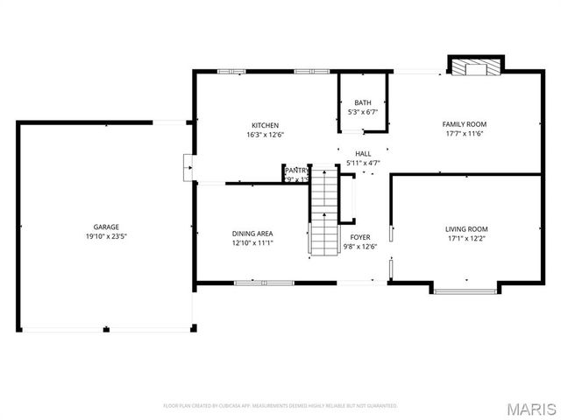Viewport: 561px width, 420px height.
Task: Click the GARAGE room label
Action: [x=107, y=227]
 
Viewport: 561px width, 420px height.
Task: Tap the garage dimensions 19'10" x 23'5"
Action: [x=107, y=237]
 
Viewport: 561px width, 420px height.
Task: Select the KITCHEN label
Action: [x=266, y=125]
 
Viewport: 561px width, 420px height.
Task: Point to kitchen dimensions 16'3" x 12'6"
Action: [x=266, y=135]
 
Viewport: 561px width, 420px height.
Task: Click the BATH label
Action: [x=362, y=102]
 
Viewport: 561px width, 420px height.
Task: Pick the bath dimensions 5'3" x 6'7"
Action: [x=362, y=112]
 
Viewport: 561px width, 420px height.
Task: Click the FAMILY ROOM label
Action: [x=464, y=124]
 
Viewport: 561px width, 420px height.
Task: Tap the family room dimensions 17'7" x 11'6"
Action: [x=464, y=135]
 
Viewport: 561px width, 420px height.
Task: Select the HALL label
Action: [x=363, y=153]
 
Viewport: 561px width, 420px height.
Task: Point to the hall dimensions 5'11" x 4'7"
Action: [x=363, y=163]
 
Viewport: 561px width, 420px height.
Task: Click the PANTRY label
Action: [x=296, y=170]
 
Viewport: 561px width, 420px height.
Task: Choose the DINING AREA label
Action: [x=252, y=234]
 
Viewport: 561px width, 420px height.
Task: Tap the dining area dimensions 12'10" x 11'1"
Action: [x=252, y=243]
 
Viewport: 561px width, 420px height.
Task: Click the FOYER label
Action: [x=360, y=237]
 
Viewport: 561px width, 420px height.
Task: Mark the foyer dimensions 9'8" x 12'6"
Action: [x=360, y=247]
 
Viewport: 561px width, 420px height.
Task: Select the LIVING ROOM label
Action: [x=466, y=228]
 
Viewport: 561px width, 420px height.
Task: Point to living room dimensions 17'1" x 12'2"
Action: [x=466, y=238]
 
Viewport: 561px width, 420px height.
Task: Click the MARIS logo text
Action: [x=533, y=408]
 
